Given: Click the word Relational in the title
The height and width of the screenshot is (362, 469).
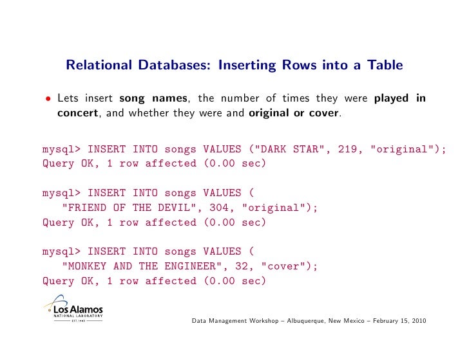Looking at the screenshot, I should [95, 65].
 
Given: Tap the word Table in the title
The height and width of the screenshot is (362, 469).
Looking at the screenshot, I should [385, 65].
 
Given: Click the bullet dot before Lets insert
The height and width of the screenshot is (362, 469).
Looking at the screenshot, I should [47, 100].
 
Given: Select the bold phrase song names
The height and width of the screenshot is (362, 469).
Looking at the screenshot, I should [154, 98].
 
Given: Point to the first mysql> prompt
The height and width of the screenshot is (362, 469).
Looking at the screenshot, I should [61, 150].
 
